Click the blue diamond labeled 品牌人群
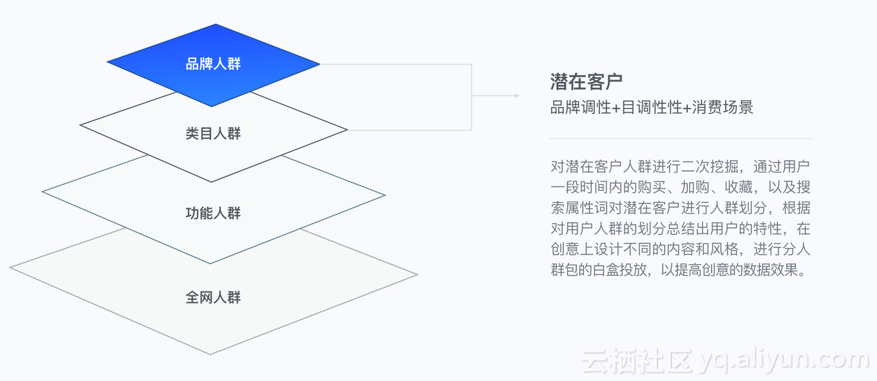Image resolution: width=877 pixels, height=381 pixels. point(213,64)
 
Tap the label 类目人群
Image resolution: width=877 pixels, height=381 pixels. point(213,134)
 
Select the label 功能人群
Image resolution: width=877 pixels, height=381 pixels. point(213,213)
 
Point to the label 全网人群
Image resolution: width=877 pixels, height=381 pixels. point(213,297)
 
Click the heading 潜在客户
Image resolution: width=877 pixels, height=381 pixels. point(586,81)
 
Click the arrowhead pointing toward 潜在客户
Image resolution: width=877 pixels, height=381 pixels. point(516,96)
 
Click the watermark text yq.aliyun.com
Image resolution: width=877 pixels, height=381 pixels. point(784,360)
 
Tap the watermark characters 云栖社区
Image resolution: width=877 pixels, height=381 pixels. point(637,360)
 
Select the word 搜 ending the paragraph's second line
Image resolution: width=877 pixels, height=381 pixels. point(804,187)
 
